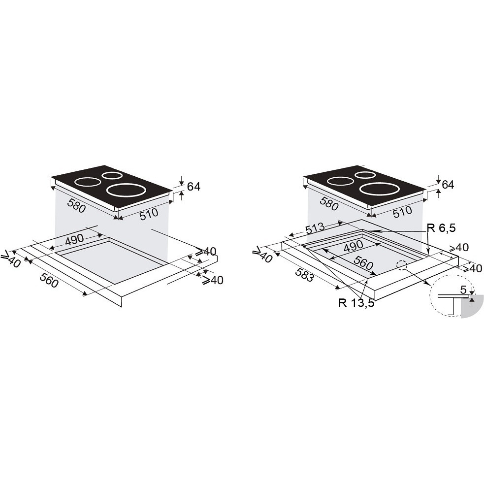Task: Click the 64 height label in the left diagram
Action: tap(194, 187)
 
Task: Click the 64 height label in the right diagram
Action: tap(448, 185)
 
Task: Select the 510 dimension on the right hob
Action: tap(402, 212)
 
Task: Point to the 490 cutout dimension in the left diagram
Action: tap(74, 239)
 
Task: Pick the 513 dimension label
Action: tap(316, 228)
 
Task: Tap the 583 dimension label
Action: tap(305, 274)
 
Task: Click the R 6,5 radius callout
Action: tap(441, 228)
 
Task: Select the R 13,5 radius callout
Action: tap(356, 303)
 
